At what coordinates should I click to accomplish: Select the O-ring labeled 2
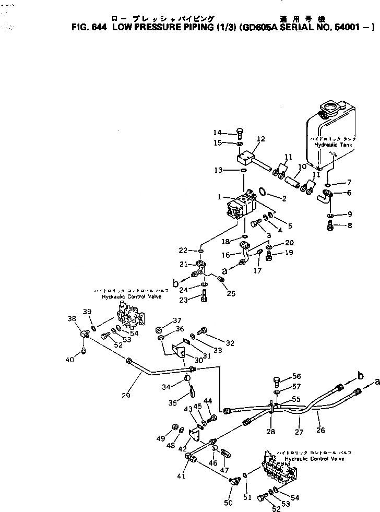click(x=265, y=194)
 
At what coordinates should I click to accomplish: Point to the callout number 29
click(x=126, y=396)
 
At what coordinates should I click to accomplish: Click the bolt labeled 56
click(x=277, y=380)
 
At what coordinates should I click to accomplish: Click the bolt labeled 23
click(x=203, y=299)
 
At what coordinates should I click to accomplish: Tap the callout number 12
click(x=261, y=139)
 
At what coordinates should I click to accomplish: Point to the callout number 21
click(x=184, y=264)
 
